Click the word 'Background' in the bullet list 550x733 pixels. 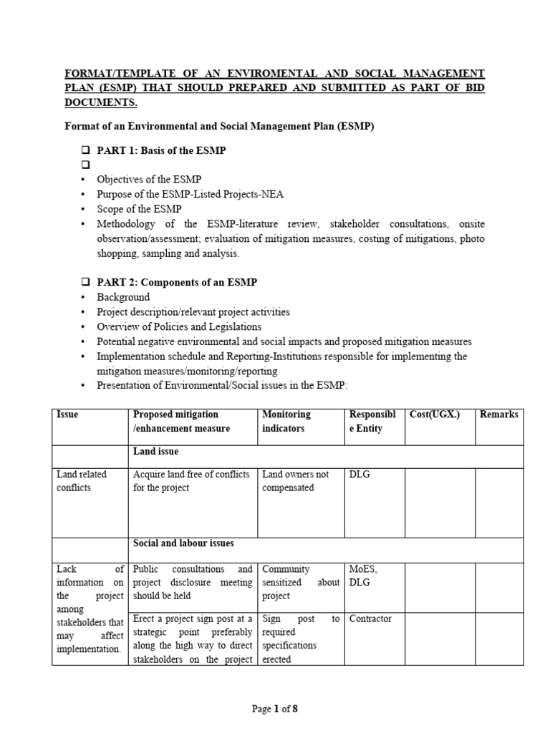coord(123,297)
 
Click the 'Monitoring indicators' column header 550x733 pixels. coord(286,421)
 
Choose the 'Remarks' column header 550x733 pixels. coord(498,414)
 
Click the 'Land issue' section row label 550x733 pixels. coord(155,452)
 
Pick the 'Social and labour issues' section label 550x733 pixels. coord(183,543)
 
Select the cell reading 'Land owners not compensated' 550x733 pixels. coord(296,480)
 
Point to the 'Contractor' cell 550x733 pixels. coord(370,618)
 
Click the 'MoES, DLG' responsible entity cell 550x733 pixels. coord(362,576)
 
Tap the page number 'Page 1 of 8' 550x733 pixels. coord(274,709)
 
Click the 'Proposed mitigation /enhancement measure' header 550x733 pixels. coord(181,421)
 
